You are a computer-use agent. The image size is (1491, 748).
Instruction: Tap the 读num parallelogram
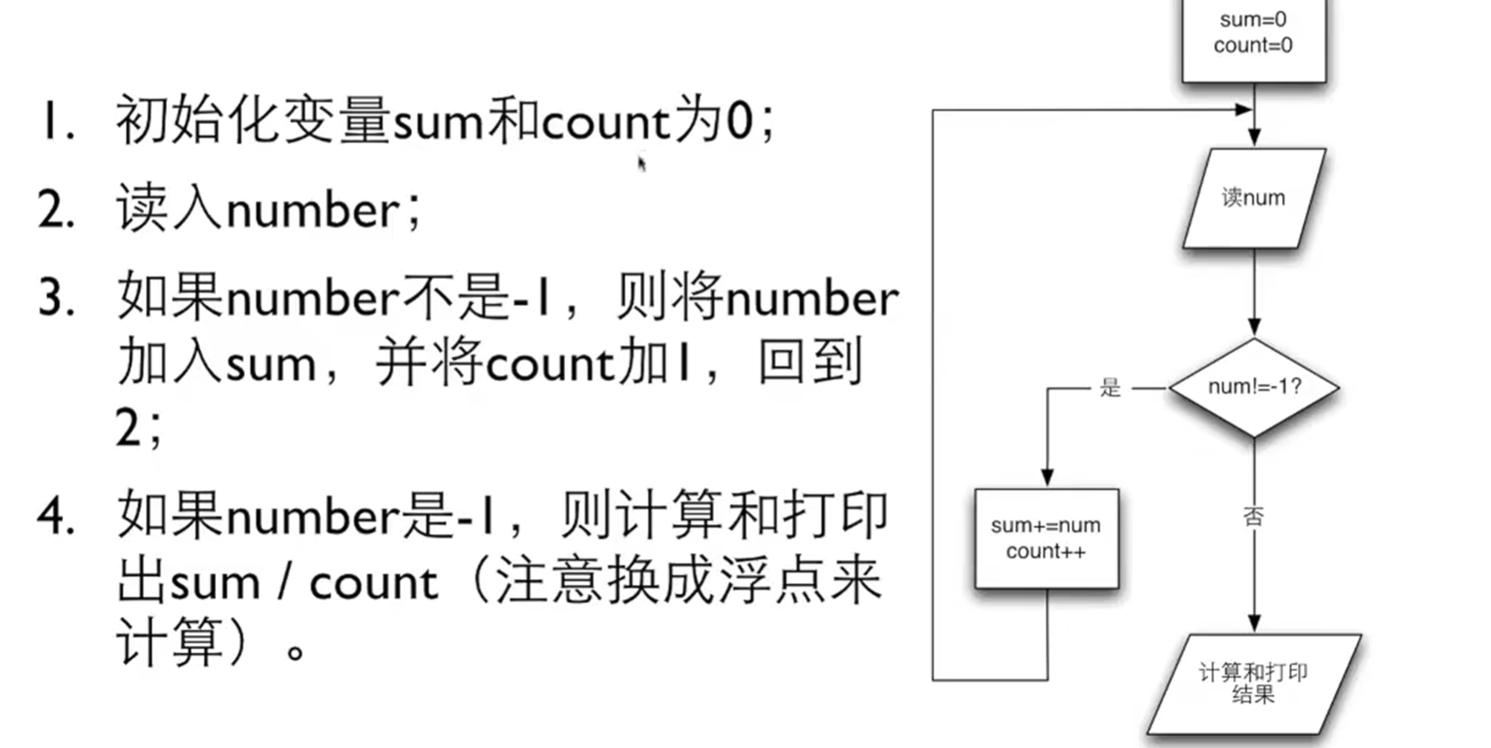tap(1253, 198)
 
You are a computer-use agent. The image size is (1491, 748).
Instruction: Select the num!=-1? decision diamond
tap(1254, 387)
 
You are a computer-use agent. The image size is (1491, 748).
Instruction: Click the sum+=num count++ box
tap(1046, 538)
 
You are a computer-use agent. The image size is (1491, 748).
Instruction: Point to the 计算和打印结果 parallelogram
tap(1253, 683)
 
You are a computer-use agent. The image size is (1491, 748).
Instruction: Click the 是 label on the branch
tap(1109, 388)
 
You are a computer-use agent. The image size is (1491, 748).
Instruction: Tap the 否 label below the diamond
tap(1253, 516)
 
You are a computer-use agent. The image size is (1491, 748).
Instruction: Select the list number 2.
tap(55, 211)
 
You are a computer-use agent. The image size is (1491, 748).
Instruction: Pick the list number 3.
tap(55, 298)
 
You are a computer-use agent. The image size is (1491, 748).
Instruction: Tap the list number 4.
tap(55, 515)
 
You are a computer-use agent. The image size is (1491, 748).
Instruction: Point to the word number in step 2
tap(312, 211)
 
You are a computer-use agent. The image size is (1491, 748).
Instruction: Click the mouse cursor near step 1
tap(641, 163)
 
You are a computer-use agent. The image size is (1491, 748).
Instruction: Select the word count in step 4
tap(374, 583)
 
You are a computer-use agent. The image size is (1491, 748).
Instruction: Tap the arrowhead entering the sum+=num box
tap(1046, 478)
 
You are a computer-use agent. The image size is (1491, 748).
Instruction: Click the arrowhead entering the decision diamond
tap(1254, 327)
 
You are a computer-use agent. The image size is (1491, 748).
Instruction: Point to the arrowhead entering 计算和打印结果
tap(1254, 623)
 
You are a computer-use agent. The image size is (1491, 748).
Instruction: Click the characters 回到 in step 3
tap(809, 363)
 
